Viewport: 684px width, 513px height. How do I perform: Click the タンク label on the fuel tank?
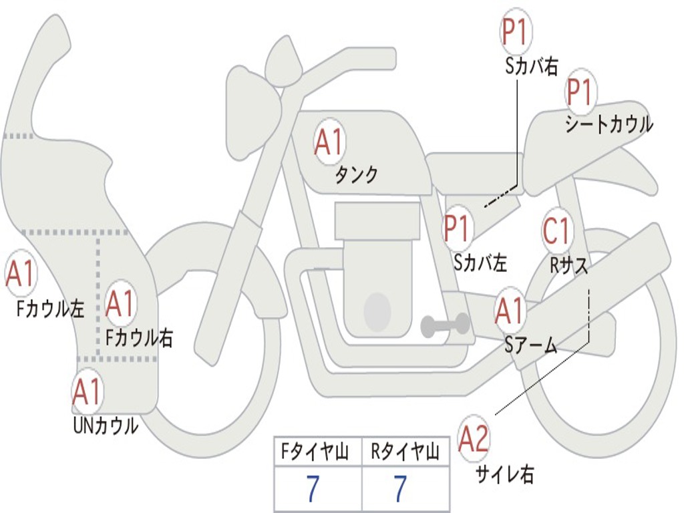click(357, 175)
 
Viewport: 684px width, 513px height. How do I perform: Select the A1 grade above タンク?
click(329, 143)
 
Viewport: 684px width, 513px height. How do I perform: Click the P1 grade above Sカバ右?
click(515, 31)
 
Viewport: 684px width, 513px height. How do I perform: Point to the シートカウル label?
click(609, 125)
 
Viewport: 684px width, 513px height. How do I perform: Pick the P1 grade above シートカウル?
click(580, 93)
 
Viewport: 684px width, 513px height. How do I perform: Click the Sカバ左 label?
click(480, 263)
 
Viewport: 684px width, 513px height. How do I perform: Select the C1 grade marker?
click(556, 231)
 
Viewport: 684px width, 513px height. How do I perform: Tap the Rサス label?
click(569, 265)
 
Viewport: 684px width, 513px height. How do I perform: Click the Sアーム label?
click(531, 345)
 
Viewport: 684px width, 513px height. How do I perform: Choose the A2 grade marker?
click(474, 440)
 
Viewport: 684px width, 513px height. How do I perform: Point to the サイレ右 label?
click(504, 474)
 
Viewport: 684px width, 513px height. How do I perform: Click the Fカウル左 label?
click(51, 309)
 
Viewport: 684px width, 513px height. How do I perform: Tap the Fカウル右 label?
click(140, 338)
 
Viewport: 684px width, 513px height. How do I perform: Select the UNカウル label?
click(106, 425)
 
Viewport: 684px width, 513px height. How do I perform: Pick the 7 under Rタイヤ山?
click(399, 490)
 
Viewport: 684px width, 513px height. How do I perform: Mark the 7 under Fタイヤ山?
click(313, 490)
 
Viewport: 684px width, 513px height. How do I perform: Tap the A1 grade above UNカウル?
click(87, 392)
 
